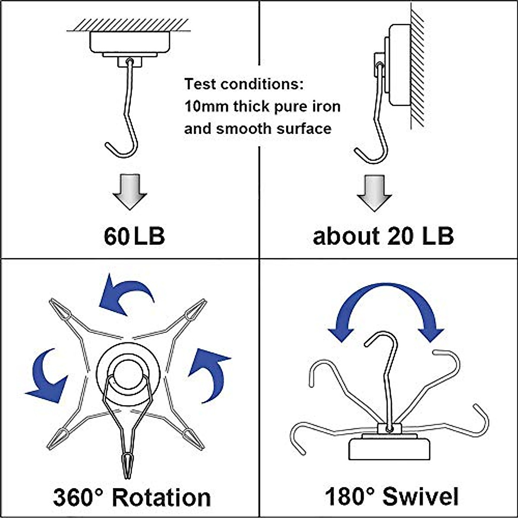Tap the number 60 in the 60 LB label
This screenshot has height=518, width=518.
tap(116, 236)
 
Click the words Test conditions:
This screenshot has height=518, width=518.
tap(244, 84)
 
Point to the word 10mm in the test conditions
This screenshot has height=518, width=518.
tap(206, 106)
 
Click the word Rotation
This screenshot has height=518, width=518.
tap(161, 497)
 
